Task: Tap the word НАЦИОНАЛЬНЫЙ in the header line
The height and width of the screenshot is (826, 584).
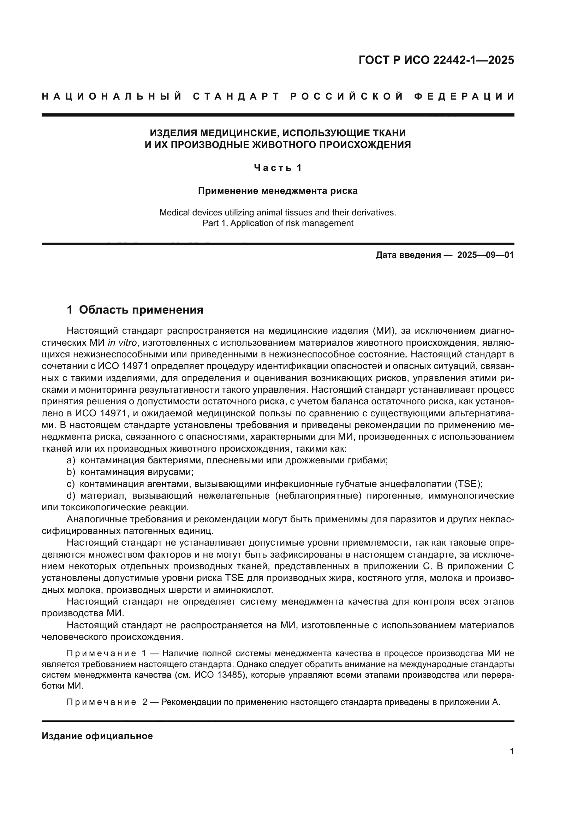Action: click(x=112, y=96)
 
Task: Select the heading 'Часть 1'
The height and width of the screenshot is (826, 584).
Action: click(x=278, y=168)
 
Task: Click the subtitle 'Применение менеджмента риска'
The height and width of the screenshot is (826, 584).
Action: click(x=278, y=191)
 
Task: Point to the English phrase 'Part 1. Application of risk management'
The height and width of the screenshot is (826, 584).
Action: click(x=278, y=223)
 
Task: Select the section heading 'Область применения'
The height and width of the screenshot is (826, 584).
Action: click(x=141, y=310)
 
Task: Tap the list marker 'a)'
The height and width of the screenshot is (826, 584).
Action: click(x=71, y=460)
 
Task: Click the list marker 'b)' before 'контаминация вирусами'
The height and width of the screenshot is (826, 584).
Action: click(x=71, y=472)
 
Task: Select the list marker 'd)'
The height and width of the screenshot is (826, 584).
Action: click(x=71, y=496)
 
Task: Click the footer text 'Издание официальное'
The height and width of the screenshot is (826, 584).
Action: click(x=97, y=736)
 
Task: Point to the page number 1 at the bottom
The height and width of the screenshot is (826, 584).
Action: click(x=511, y=751)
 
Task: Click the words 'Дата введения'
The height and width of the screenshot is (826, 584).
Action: click(x=408, y=255)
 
